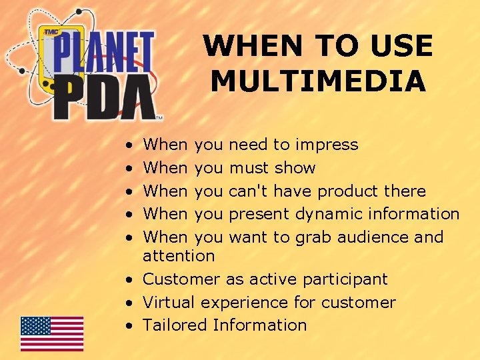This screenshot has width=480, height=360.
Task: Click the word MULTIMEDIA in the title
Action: pos(318,81)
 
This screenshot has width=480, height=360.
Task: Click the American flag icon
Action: pos(52,333)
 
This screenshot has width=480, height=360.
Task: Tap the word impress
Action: pos(326,145)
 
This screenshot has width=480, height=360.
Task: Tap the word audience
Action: pos(368,237)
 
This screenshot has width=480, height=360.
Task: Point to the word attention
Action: pos(179,255)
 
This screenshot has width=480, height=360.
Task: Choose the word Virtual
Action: pos(169,302)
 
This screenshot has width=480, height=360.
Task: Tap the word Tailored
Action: pos(175,325)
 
